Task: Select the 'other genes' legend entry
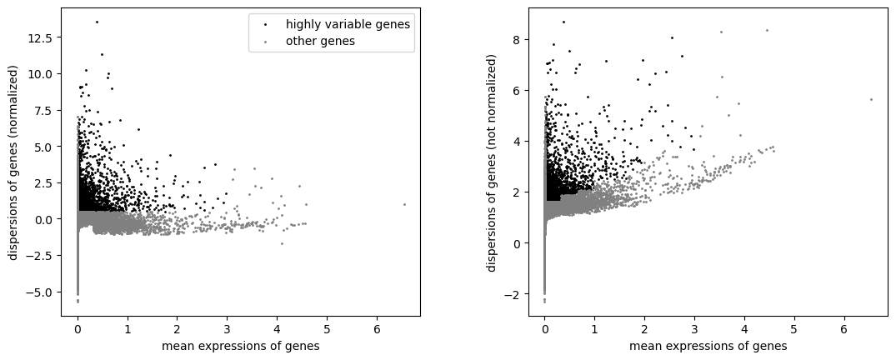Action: [330, 41]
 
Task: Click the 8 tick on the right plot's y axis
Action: [518, 39]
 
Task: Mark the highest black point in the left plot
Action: [97, 22]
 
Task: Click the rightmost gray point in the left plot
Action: [404, 204]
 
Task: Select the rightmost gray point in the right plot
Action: [871, 99]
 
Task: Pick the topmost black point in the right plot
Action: [563, 22]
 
